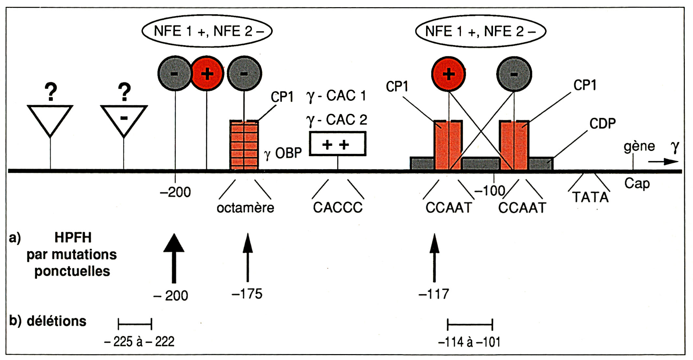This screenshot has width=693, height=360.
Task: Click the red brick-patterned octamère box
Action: click(x=244, y=145)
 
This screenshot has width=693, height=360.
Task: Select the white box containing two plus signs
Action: click(x=337, y=144)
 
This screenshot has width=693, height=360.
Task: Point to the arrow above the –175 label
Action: click(x=248, y=257)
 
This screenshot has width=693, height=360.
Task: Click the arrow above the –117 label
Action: click(x=434, y=258)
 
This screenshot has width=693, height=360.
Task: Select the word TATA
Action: click(x=591, y=198)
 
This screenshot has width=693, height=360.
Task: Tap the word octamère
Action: click(x=245, y=208)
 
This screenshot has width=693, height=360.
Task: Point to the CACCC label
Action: click(x=338, y=208)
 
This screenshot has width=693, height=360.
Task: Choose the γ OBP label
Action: click(x=283, y=153)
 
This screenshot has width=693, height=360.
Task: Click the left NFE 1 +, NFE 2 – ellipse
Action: click(x=207, y=31)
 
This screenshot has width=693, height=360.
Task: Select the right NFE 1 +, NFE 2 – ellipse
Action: click(x=480, y=31)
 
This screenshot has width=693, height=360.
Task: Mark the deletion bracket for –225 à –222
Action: click(x=135, y=324)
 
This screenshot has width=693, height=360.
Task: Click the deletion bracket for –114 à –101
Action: click(x=470, y=324)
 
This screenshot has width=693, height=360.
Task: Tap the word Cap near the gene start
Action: click(x=637, y=184)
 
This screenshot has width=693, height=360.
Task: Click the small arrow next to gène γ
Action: click(x=663, y=162)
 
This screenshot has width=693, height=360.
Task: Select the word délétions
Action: click(x=56, y=321)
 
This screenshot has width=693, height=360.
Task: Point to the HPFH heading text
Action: click(x=73, y=238)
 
